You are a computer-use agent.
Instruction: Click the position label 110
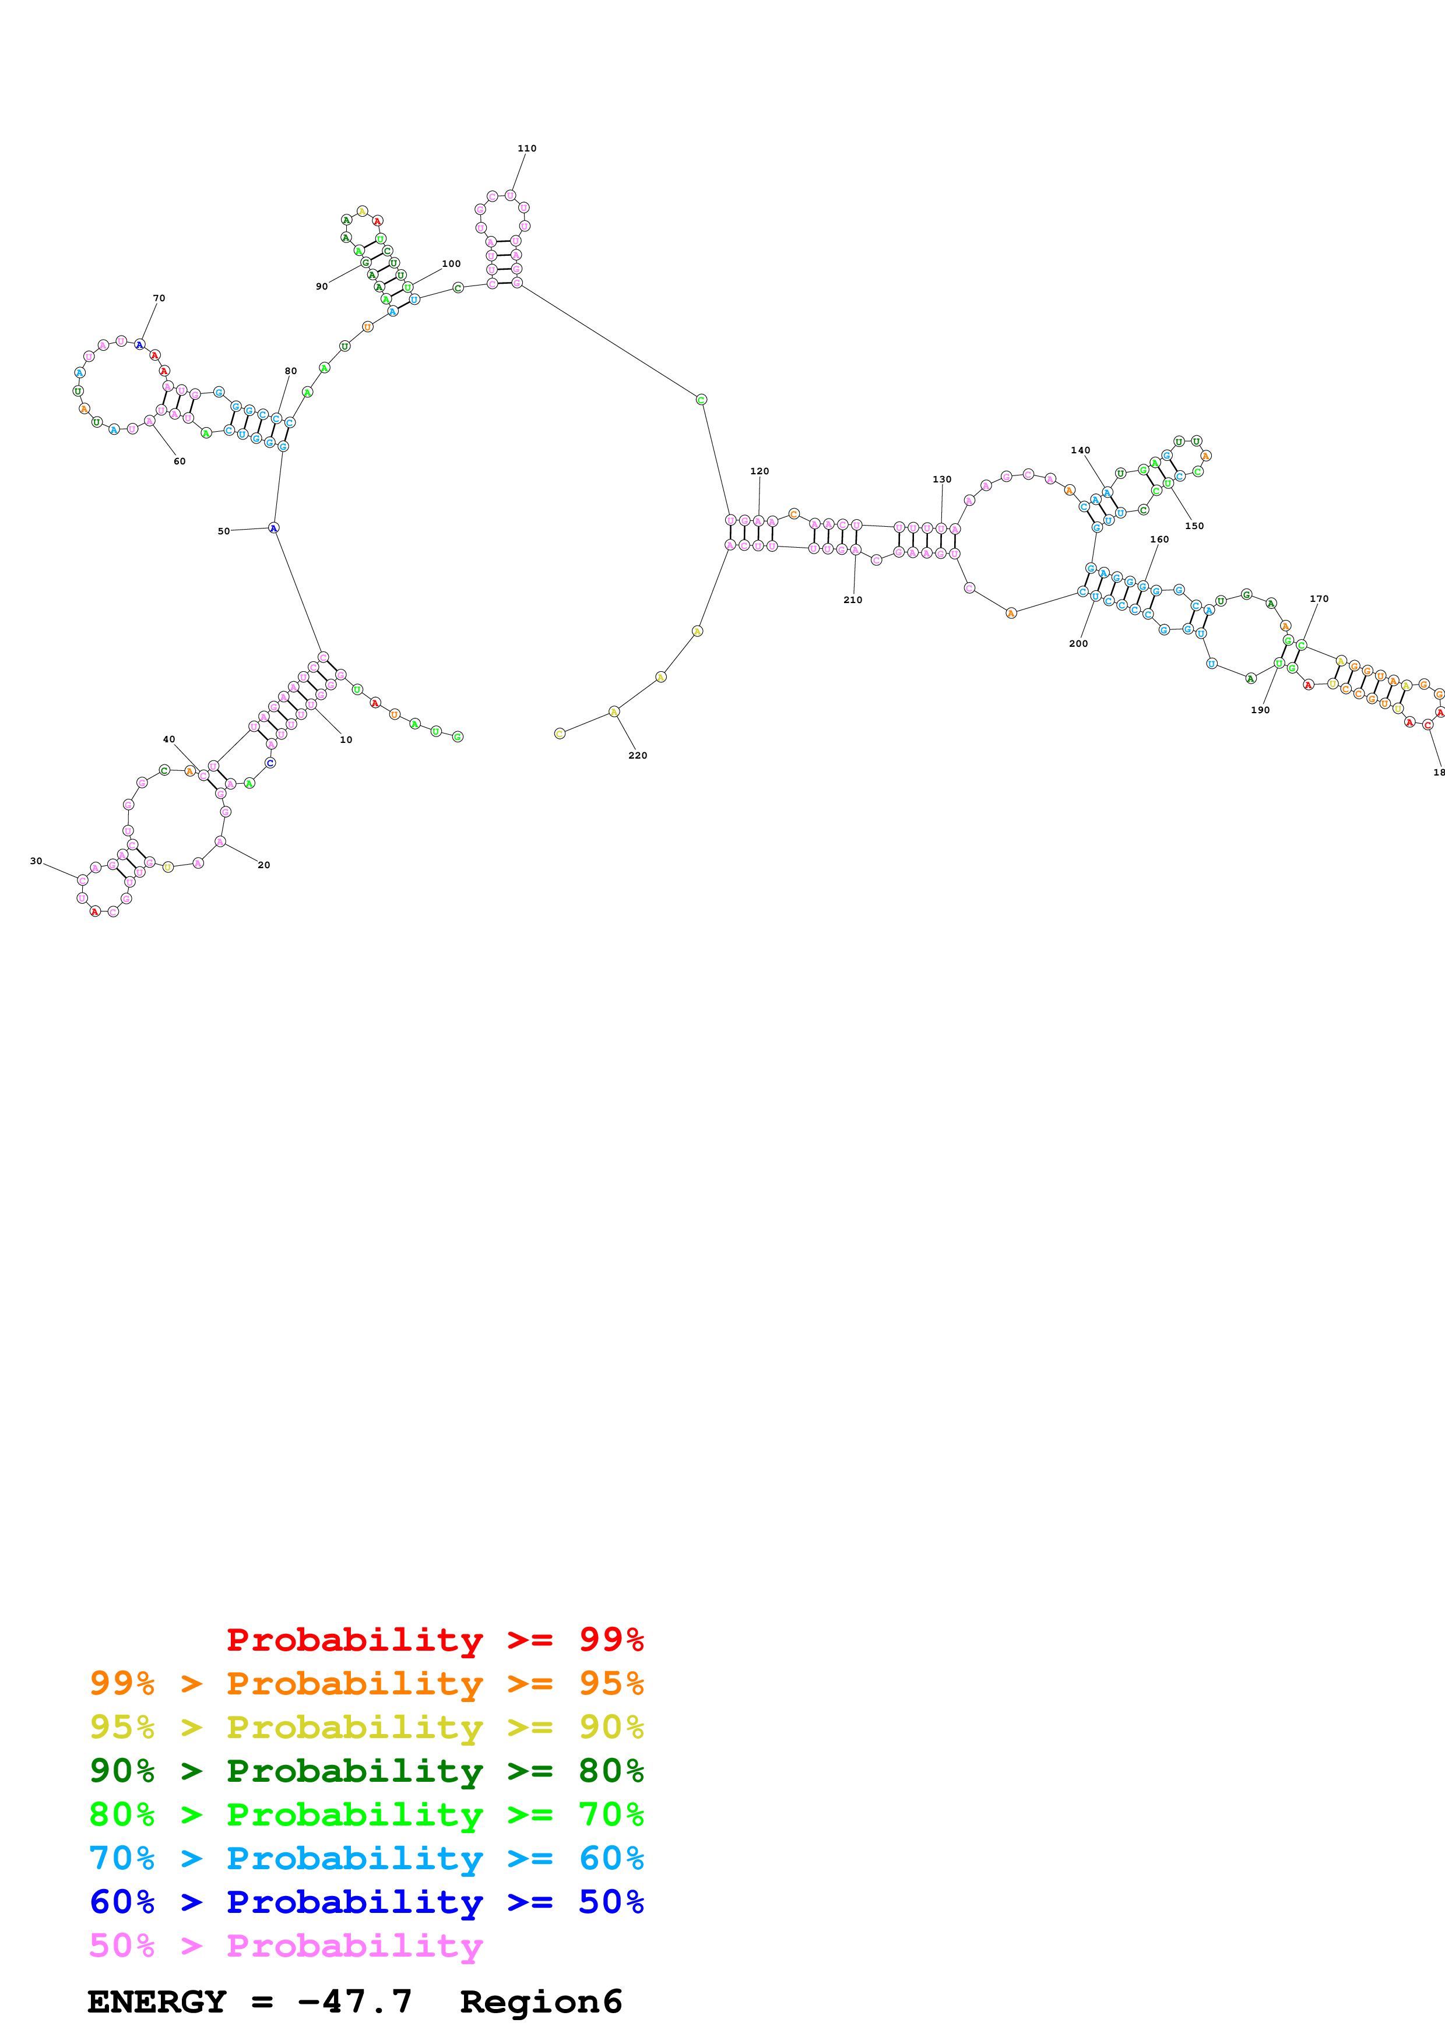(526, 149)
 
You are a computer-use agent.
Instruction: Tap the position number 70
(159, 298)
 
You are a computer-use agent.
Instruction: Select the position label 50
(223, 531)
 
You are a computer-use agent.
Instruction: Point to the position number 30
(36, 861)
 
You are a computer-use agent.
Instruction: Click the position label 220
(638, 755)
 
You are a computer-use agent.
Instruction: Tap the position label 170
(1319, 598)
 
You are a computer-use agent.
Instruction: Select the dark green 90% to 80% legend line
(366, 1771)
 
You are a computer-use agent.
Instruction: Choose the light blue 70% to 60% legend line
(366, 1858)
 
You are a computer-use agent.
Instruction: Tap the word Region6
(540, 2001)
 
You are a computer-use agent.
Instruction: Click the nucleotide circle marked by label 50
(273, 528)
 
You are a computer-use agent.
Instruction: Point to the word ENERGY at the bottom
(157, 2001)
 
